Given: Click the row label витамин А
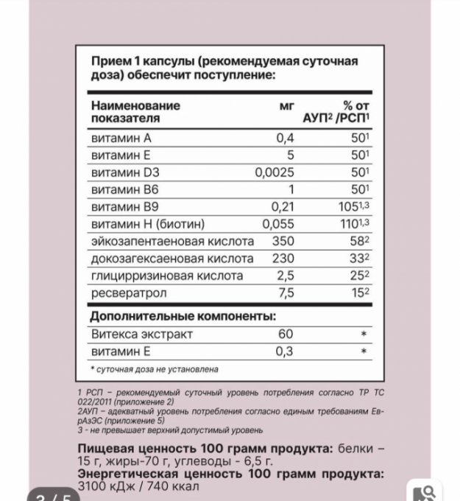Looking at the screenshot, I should point(120,138).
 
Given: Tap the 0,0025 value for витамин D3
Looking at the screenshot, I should point(275,172).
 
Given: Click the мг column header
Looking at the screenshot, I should point(287,105).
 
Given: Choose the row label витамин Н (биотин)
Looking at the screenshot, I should point(146,224).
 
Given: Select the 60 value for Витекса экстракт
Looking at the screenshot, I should point(283,334).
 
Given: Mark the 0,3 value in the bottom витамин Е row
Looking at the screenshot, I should point(284,351).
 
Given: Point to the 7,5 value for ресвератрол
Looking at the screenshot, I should point(284,292).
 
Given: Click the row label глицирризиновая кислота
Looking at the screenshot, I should point(166,276).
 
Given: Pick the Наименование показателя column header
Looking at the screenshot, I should point(135,111).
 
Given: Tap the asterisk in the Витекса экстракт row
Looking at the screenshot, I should point(363,334).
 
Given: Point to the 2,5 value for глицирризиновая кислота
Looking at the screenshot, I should point(284,276).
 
